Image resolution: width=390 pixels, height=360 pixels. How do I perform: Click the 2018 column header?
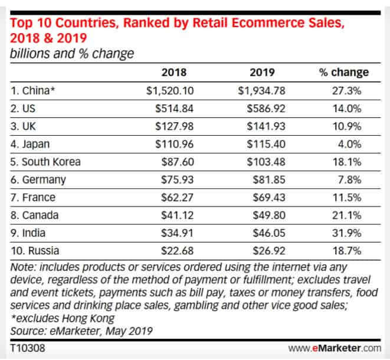pyautogui.click(x=174, y=73)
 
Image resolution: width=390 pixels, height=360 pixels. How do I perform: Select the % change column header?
pyautogui.click(x=343, y=73)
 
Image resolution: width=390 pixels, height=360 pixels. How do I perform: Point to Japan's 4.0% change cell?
pyautogui.click(x=351, y=143)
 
